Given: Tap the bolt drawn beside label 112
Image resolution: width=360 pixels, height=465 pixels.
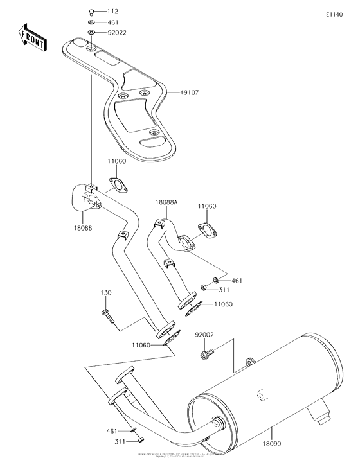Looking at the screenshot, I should [x=91, y=12].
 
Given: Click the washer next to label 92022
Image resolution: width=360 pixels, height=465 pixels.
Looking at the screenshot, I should [x=91, y=31].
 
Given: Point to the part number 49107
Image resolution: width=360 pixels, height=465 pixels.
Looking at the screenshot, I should [x=190, y=92].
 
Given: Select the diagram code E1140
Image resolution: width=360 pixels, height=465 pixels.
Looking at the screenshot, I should [x=334, y=14].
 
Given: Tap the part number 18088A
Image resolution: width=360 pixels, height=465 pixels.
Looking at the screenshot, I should [x=166, y=201].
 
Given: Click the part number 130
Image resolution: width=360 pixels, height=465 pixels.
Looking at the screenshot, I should [x=106, y=293].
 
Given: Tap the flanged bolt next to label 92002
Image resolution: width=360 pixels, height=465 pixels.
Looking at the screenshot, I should [x=208, y=351].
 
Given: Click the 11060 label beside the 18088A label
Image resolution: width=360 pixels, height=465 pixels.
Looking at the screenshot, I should [x=208, y=206].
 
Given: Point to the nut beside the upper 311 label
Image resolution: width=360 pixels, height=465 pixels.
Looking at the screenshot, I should [x=203, y=286].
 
